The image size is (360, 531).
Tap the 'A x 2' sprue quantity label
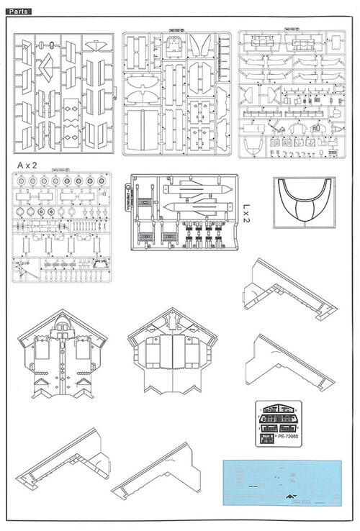tap(27, 165)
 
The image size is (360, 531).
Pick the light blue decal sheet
tap(284, 480)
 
